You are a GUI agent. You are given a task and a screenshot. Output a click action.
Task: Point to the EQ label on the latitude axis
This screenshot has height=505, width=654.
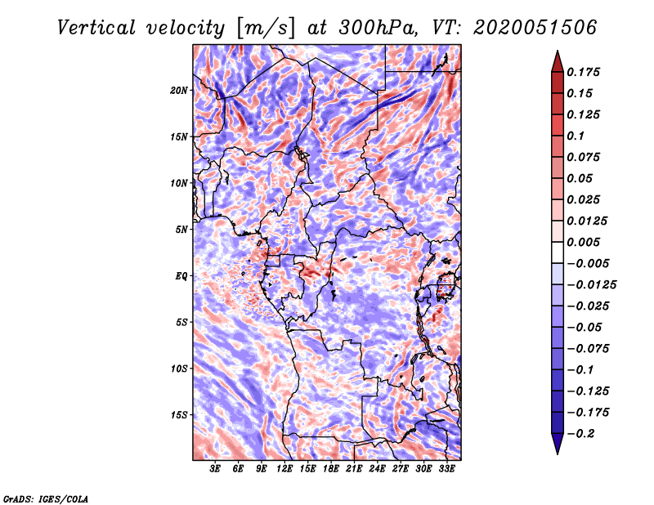pos(181,276)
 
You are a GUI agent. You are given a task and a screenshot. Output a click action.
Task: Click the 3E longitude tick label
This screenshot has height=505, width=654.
pos(216,469)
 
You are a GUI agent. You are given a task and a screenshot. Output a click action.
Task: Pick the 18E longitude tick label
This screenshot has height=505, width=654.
pos(331,469)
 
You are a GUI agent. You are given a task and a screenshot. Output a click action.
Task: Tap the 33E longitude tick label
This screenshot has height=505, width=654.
pos(446,469)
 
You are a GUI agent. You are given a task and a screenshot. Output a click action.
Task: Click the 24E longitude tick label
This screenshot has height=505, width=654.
pos(377,469)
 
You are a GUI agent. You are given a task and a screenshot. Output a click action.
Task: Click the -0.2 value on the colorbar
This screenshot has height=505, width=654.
pos(585,433)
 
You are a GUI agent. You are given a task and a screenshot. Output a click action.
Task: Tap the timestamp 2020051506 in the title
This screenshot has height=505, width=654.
pos(523,28)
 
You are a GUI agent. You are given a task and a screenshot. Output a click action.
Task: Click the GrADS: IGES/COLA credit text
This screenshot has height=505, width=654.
pos(45,498)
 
